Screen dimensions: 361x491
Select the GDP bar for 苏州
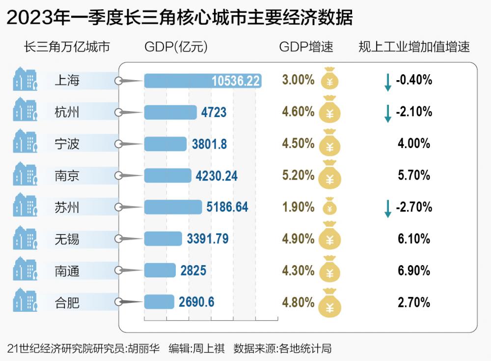pyautogui.click(x=173, y=207)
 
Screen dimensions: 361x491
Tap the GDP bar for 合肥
pyautogui.click(x=159, y=301)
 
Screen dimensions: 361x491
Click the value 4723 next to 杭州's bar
pyautogui.click(x=214, y=113)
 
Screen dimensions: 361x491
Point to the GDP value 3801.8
pyautogui.click(x=210, y=144)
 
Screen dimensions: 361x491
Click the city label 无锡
pyautogui.click(x=67, y=240)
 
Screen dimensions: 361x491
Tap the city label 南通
pyautogui.click(x=67, y=271)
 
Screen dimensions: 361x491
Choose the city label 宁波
pyautogui.click(x=67, y=145)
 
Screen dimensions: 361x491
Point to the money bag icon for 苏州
pyautogui.click(x=330, y=207)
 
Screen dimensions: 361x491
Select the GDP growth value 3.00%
pyautogui.click(x=298, y=80)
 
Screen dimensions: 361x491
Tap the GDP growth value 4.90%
pyautogui.click(x=298, y=239)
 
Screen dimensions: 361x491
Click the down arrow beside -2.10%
pyautogui.click(x=387, y=113)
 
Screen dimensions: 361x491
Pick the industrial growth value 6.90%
pyautogui.click(x=414, y=271)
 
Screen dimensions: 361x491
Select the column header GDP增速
pyautogui.click(x=306, y=47)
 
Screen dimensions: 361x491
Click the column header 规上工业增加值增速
pyautogui.click(x=414, y=47)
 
